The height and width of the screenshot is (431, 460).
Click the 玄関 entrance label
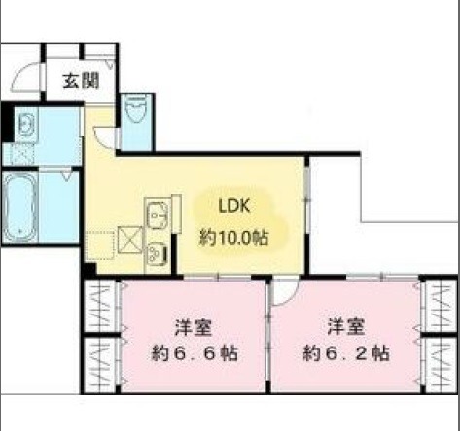tap(81, 81)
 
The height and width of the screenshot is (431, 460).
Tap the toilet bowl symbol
tap(136, 109)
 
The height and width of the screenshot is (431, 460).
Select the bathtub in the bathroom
tap(19, 207)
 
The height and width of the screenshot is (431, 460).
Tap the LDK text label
tap(234, 206)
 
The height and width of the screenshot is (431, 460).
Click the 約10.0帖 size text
tap(233, 239)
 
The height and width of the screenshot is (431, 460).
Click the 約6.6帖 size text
tap(195, 353)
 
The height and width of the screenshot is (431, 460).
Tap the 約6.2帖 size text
tap(346, 353)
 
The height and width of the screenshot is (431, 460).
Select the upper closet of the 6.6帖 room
tap(100, 306)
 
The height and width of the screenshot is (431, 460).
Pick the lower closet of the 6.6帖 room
tap(100, 364)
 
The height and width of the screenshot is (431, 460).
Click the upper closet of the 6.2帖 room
tap(441, 306)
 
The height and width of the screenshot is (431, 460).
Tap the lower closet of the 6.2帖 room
tap(441, 364)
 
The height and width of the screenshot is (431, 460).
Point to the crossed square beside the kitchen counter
tap(130, 240)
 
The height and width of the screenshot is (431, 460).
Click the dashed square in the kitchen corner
tap(100, 245)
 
